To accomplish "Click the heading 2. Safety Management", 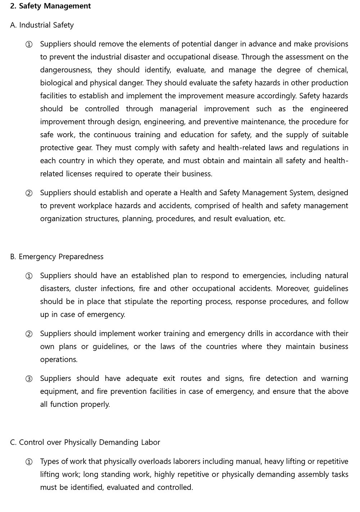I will (50, 6).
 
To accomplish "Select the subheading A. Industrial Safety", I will (42, 25).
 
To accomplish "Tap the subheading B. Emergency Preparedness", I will (57, 257).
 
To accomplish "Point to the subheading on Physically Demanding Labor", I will (85, 442).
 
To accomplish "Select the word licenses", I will (79, 174).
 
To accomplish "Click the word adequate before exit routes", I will (142, 378).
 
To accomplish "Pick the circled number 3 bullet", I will (29, 379).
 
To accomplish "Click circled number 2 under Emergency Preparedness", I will (29, 334).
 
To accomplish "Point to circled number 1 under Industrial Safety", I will (29, 44).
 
